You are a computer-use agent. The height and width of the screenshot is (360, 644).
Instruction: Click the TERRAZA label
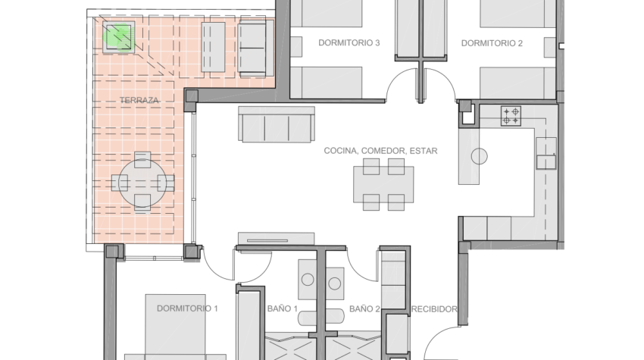point(139,100)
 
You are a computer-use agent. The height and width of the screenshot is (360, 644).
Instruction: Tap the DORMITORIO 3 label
point(349,42)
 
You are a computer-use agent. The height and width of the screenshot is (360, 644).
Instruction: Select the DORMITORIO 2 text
point(492,43)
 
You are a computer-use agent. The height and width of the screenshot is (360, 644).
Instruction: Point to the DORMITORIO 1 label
point(187,308)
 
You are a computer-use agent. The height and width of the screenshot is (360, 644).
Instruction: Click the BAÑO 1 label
point(282,308)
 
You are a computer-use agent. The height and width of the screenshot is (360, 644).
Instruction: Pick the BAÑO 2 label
point(364,308)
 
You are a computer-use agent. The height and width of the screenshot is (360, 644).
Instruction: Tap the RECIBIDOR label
point(434,309)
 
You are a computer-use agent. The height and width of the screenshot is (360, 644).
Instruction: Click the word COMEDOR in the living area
point(383,151)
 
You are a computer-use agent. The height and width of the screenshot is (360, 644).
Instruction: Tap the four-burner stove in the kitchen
point(511,115)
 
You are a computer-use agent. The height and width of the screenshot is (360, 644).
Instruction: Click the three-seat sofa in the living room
point(277,124)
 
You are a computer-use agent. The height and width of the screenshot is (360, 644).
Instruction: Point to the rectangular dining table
point(383,184)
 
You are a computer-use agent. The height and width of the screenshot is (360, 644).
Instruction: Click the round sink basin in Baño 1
point(308,280)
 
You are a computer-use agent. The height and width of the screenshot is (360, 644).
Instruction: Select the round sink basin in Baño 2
point(335,283)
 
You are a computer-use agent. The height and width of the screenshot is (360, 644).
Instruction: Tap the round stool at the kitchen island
point(480,156)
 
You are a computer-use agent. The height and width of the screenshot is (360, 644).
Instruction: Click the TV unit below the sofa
point(276,238)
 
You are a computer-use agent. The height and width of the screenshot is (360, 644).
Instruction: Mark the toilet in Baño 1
point(320,318)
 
